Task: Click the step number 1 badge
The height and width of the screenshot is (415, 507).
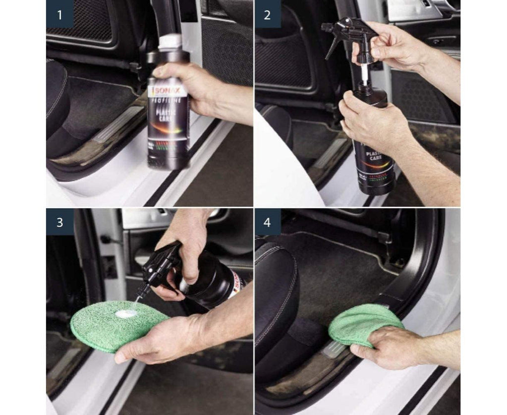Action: pos(60,14)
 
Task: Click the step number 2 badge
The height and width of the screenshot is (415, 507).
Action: pos(267,14)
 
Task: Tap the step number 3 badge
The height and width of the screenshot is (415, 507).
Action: pos(60,222)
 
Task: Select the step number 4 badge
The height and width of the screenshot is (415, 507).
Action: pos(267,222)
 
